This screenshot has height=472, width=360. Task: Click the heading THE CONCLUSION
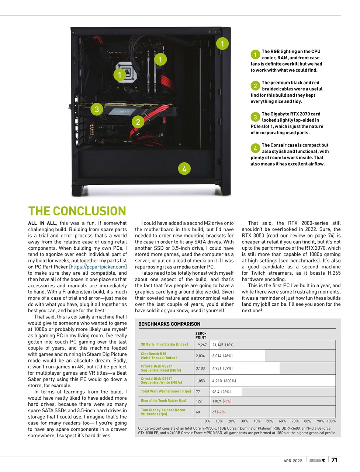(77, 211)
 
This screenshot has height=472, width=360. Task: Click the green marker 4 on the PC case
(184, 169)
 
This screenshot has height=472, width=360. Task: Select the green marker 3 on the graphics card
(97, 109)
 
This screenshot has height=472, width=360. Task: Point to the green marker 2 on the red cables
(138, 122)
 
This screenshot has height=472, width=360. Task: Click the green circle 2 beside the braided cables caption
(255, 86)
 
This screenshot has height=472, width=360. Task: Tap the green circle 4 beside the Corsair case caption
(255, 148)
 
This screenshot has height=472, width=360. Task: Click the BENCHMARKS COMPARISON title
(169, 324)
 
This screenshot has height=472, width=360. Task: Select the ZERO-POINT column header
(201, 335)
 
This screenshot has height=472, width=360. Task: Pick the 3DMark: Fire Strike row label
(165, 344)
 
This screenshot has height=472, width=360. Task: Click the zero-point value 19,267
(201, 345)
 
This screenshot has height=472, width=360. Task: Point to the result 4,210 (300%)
(224, 381)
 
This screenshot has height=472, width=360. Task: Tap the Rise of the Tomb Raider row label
(163, 400)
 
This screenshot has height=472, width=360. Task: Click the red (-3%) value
(227, 401)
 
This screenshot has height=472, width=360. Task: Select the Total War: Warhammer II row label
(166, 391)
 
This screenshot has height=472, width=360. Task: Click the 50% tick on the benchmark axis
(270, 421)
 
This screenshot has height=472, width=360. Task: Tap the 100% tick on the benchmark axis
(331, 421)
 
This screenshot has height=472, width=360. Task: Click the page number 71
(334, 460)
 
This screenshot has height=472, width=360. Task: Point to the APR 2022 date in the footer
(293, 461)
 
